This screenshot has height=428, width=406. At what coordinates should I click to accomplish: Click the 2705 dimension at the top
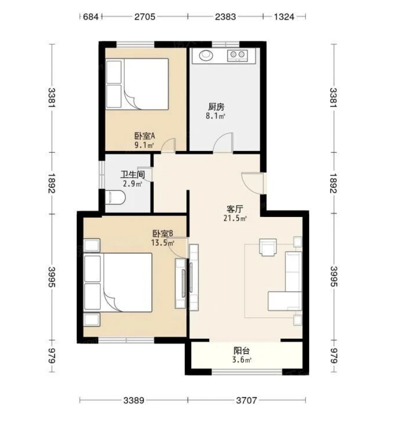click(145, 17)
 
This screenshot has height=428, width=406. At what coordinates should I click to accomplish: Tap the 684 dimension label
click(90, 17)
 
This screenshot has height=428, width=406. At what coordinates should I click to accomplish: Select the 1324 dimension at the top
click(284, 17)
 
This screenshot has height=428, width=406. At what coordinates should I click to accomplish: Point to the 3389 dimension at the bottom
click(134, 400)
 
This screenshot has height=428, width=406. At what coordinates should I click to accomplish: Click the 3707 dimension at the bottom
click(247, 400)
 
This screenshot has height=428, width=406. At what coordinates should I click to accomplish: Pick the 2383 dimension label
click(225, 17)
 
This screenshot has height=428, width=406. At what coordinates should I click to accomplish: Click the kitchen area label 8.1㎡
click(215, 116)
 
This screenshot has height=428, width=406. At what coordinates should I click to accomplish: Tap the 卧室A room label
click(145, 136)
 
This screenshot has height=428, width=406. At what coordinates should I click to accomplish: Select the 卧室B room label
click(162, 234)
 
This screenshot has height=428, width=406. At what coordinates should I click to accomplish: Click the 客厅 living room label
click(235, 209)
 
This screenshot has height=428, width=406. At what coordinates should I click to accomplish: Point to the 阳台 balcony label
click(242, 351)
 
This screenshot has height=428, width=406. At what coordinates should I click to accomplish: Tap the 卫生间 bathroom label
click(133, 175)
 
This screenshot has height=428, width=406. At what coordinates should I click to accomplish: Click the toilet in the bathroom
click(115, 197)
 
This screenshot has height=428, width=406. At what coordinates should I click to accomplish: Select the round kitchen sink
click(206, 55)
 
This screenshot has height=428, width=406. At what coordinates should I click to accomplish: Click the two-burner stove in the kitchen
click(238, 56)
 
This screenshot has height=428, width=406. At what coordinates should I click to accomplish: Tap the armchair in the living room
click(268, 247)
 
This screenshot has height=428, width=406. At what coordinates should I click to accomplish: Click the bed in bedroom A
click(137, 84)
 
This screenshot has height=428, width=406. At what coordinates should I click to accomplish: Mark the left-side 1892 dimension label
click(51, 183)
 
